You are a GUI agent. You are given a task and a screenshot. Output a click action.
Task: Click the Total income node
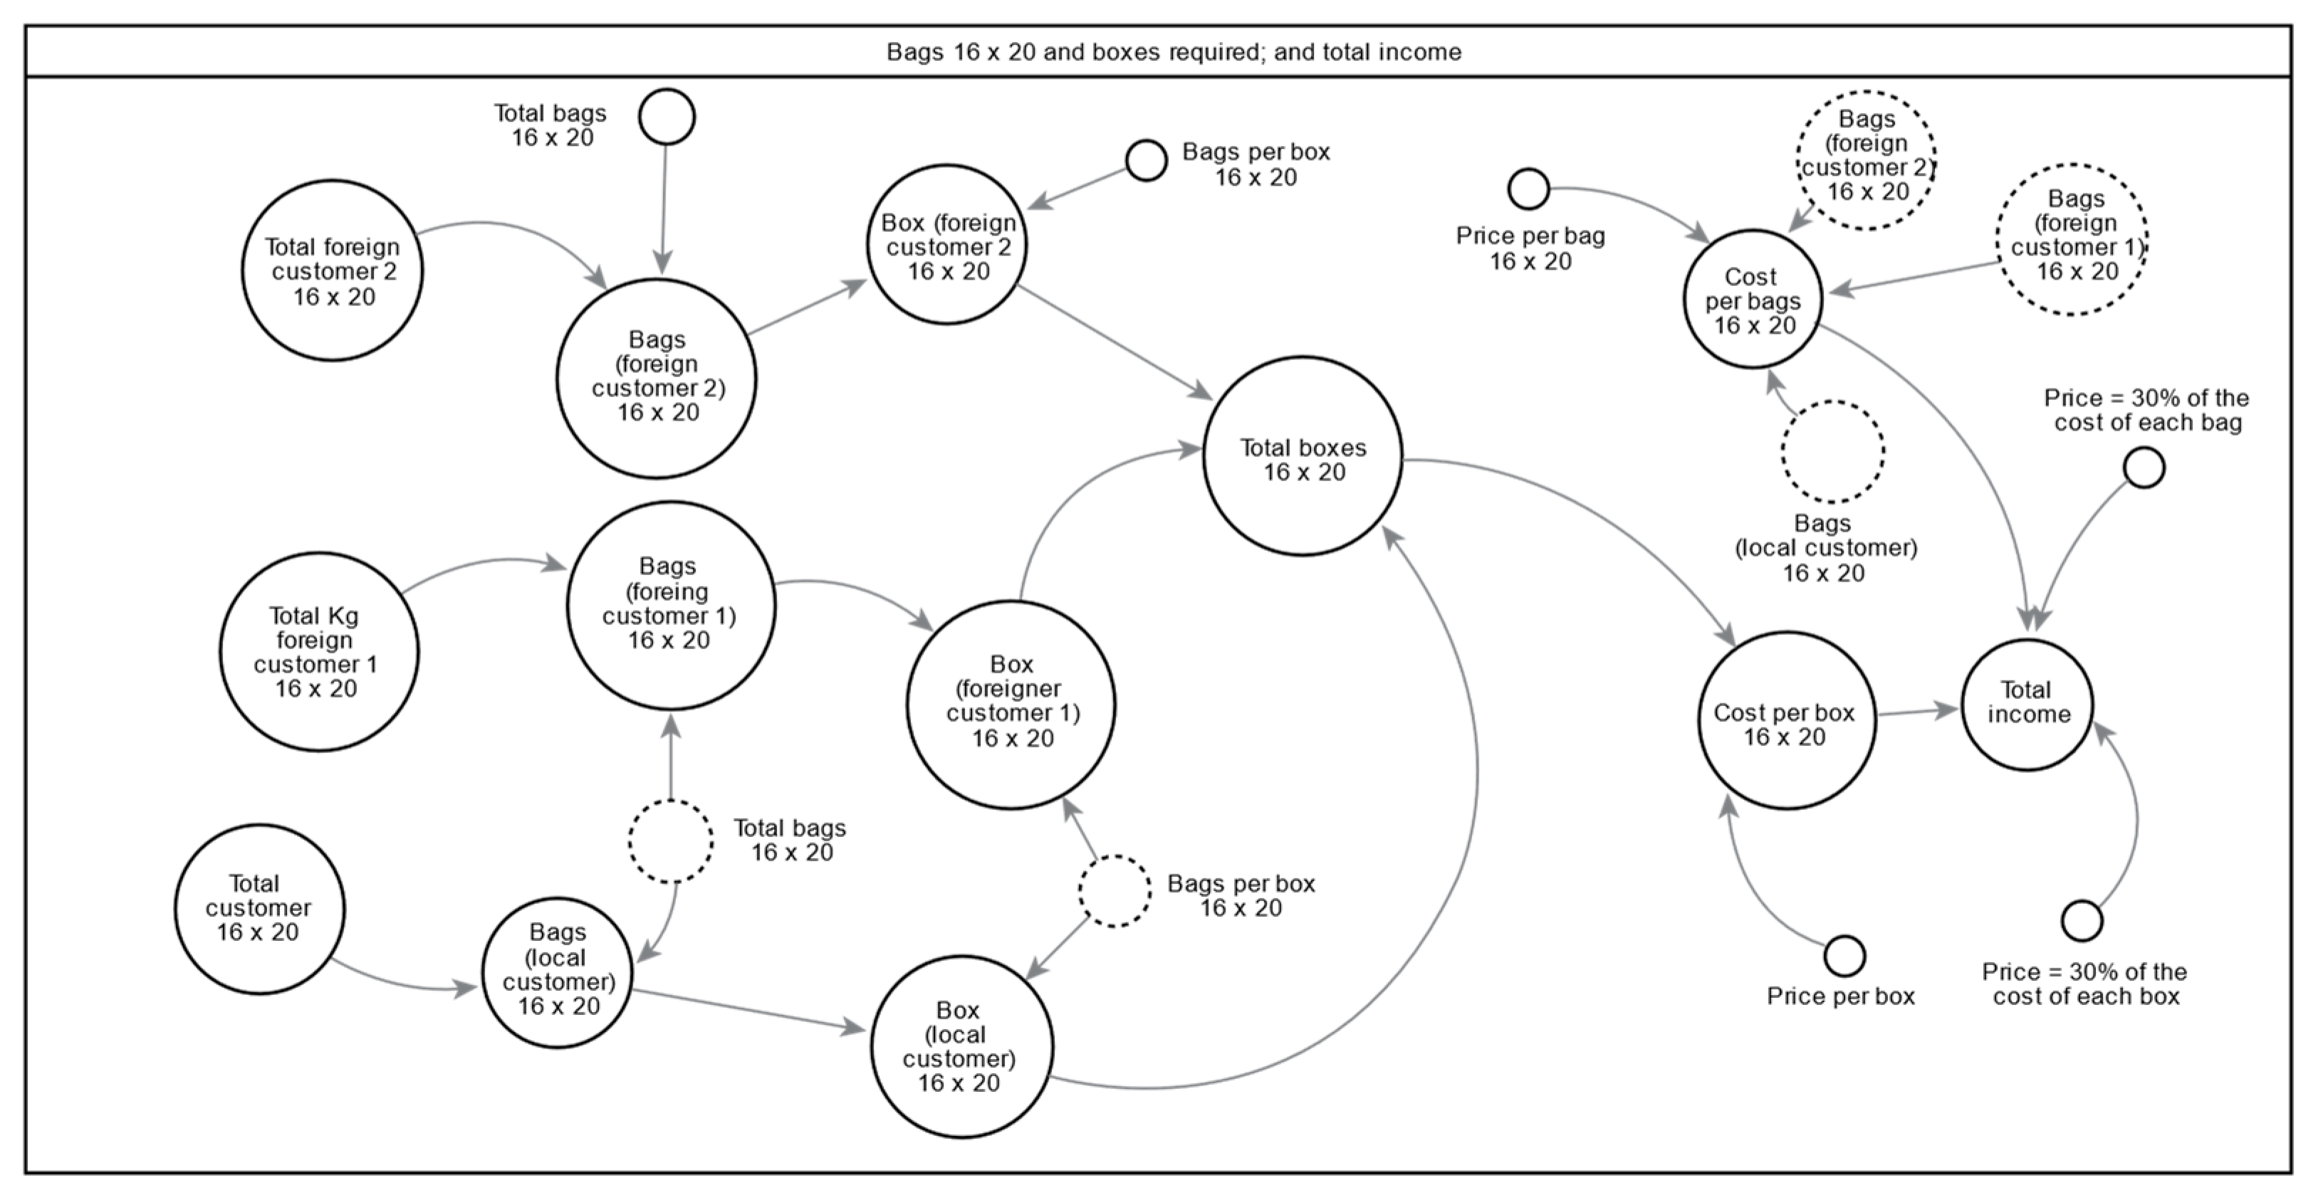coord(2027,705)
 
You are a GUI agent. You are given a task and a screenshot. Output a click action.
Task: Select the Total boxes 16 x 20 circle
coord(1302,456)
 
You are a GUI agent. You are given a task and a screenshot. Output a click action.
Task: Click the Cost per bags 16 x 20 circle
coord(1752,299)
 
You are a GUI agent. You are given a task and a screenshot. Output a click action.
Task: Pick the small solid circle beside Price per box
coord(1844,955)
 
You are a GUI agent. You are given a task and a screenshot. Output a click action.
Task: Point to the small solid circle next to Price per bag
coord(1528,189)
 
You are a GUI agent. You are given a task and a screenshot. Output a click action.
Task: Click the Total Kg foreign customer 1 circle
coord(318,651)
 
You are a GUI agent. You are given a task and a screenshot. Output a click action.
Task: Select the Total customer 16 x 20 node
coord(259,909)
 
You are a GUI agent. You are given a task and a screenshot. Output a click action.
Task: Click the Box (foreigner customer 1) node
coord(1011,705)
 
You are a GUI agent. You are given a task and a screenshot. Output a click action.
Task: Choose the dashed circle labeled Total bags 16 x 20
coord(670,841)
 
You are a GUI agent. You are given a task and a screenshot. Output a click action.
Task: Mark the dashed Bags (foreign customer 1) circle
coord(2072,239)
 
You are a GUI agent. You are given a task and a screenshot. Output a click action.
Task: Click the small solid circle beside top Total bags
coord(667,116)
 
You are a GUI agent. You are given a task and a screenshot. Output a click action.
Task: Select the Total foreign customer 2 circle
coord(332,270)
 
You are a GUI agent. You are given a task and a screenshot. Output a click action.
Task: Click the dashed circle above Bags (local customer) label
coord(1833,451)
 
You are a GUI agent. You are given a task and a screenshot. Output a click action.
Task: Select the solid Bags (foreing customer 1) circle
coord(670,604)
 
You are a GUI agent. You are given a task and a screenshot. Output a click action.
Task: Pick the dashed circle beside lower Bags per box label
coord(1114,890)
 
